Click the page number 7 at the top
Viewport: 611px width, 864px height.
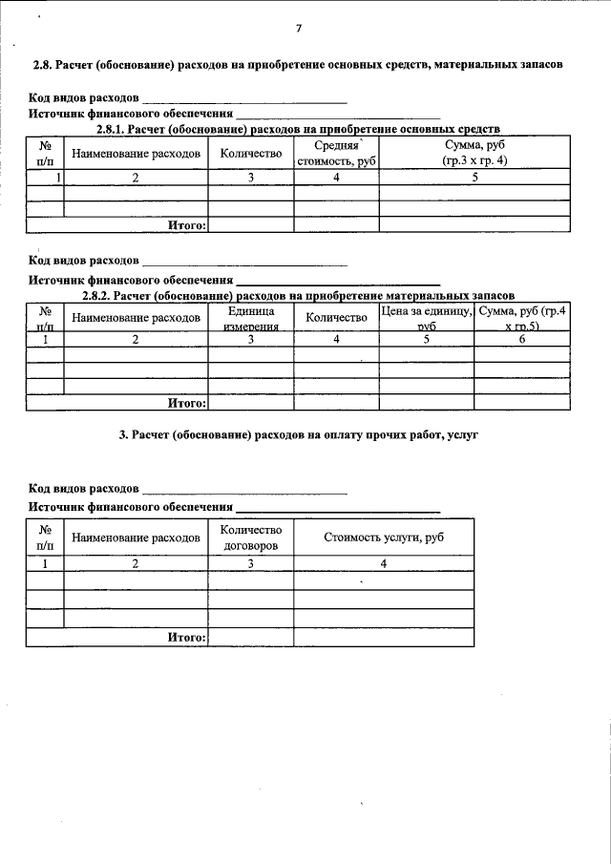coord(298,29)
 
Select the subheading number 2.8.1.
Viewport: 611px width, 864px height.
coord(111,129)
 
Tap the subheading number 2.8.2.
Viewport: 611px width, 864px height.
coord(111,295)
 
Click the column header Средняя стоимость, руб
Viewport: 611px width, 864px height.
coord(336,153)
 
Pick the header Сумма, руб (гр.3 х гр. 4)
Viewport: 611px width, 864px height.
coord(474,153)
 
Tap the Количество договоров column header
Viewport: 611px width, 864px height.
coord(251,537)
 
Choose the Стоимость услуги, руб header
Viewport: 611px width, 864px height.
coord(384,537)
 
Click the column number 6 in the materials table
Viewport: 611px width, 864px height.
coord(522,339)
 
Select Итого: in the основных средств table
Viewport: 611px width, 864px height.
coord(187,225)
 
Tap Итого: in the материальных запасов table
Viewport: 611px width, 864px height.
coord(187,402)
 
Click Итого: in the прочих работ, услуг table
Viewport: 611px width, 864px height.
coord(187,636)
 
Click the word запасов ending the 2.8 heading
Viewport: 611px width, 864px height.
coord(540,65)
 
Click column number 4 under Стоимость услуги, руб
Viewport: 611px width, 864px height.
coord(384,563)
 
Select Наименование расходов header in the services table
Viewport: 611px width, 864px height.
coord(136,537)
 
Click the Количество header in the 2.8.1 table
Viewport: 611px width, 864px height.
coord(251,153)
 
